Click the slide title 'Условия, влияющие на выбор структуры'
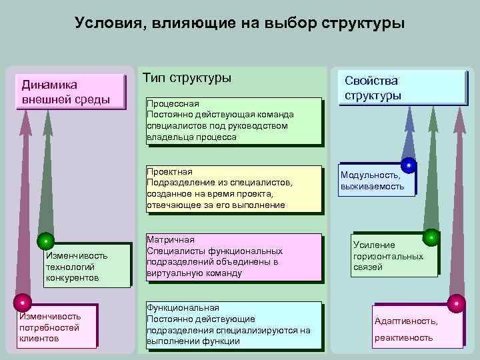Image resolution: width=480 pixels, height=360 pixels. point(239,24)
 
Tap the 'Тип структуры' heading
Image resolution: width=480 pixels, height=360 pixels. point(187,78)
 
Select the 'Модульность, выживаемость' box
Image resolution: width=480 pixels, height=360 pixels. point(376,180)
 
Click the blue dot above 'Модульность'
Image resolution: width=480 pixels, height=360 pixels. point(408,163)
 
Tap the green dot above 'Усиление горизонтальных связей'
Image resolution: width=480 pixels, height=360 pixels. point(431,237)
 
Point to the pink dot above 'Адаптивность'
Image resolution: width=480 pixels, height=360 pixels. point(457,303)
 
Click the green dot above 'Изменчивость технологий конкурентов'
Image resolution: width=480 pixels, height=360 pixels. point(45,240)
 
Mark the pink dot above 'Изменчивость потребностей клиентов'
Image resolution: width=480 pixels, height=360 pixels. point(22,303)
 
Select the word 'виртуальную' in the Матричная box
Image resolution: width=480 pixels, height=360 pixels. point(173,273)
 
